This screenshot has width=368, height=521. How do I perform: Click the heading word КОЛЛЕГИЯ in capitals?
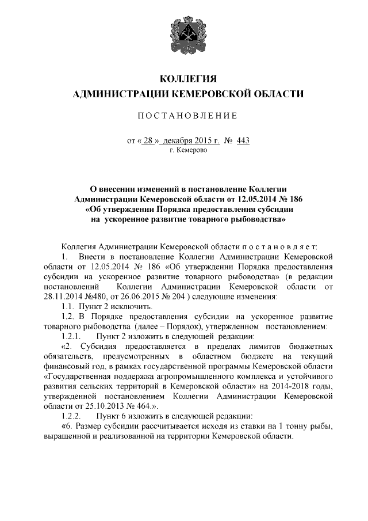[x=184, y=78]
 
